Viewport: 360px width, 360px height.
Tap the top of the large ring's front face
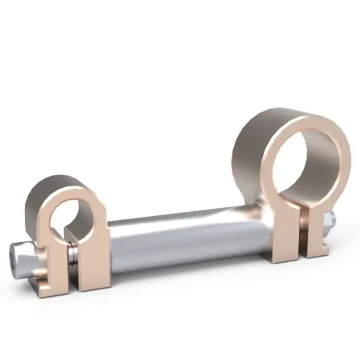tap(303, 119)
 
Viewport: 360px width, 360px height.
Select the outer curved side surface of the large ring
tap(247, 154)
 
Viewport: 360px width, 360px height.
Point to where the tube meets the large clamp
tap(260, 226)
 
